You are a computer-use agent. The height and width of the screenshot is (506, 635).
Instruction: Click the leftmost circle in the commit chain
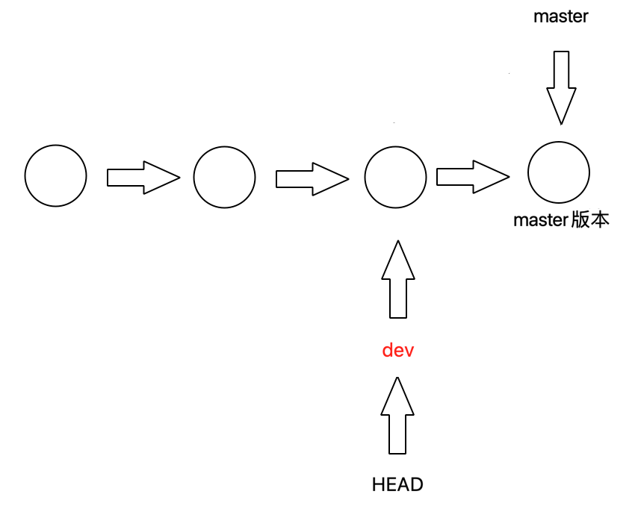point(55,176)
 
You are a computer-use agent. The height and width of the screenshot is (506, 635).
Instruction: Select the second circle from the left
point(224,178)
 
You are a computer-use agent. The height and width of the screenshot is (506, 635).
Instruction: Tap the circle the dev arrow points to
point(395,178)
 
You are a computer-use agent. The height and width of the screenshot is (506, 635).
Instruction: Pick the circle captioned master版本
point(559,172)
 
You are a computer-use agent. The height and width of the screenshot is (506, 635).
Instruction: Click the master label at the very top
point(560,16)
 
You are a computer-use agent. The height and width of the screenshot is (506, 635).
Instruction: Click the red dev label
point(397,350)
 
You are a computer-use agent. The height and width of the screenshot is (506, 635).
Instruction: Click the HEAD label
point(397,484)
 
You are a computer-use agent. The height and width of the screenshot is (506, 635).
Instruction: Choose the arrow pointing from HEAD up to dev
point(397,416)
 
